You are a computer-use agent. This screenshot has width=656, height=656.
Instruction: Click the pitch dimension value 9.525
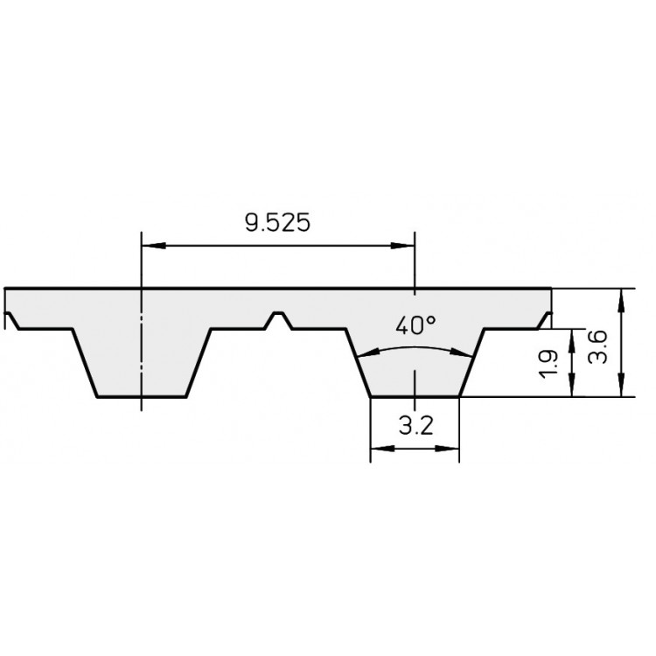(x=276, y=223)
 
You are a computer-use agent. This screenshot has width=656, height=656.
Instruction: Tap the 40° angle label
(x=415, y=326)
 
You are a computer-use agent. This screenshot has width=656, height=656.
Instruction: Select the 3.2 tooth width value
(x=415, y=428)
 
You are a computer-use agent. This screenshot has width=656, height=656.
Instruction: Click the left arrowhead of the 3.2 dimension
(x=378, y=450)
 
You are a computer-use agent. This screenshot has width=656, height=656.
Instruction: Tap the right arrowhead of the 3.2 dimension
(x=452, y=450)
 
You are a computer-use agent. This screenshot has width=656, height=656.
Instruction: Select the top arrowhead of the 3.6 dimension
(x=621, y=295)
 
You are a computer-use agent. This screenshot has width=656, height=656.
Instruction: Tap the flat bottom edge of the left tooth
(x=140, y=398)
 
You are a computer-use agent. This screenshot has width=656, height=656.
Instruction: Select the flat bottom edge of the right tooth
(x=415, y=398)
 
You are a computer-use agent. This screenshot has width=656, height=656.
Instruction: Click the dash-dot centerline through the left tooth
(x=140, y=350)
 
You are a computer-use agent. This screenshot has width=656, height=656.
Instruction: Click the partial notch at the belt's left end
(x=11, y=320)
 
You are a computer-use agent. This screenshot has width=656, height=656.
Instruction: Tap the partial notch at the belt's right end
(x=547, y=318)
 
